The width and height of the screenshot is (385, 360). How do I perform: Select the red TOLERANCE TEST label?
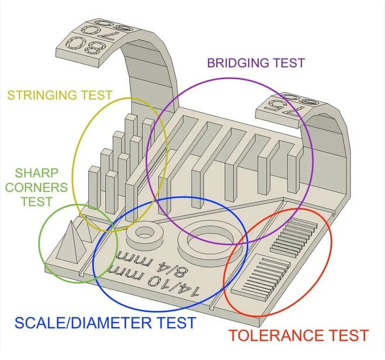click(298, 335)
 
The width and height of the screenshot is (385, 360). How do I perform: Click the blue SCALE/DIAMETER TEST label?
click(104, 322)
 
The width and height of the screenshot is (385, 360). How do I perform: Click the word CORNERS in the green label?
click(36, 187)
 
